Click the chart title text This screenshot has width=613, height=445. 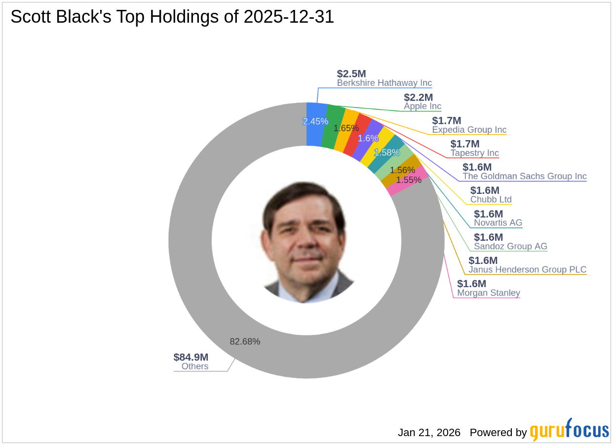(172, 17)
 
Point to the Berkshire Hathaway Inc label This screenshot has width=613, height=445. (384, 83)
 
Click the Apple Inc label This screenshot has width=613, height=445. (422, 106)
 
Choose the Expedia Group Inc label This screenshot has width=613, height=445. (469, 130)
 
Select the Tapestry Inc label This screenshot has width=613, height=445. (474, 153)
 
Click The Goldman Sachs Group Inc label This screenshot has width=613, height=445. (524, 176)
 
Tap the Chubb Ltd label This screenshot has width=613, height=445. (491, 199)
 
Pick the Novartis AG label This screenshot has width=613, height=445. (498, 222)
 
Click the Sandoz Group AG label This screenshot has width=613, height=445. (510, 246)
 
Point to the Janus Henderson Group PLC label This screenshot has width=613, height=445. (527, 269)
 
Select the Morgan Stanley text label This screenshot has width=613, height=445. (488, 293)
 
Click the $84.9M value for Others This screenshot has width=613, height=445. (191, 357)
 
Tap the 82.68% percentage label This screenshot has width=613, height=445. (245, 341)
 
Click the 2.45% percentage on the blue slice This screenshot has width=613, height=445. (315, 121)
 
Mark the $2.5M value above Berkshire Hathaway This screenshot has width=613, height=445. (351, 74)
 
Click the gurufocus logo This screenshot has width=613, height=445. (569, 431)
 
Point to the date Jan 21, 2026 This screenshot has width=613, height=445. (429, 433)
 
